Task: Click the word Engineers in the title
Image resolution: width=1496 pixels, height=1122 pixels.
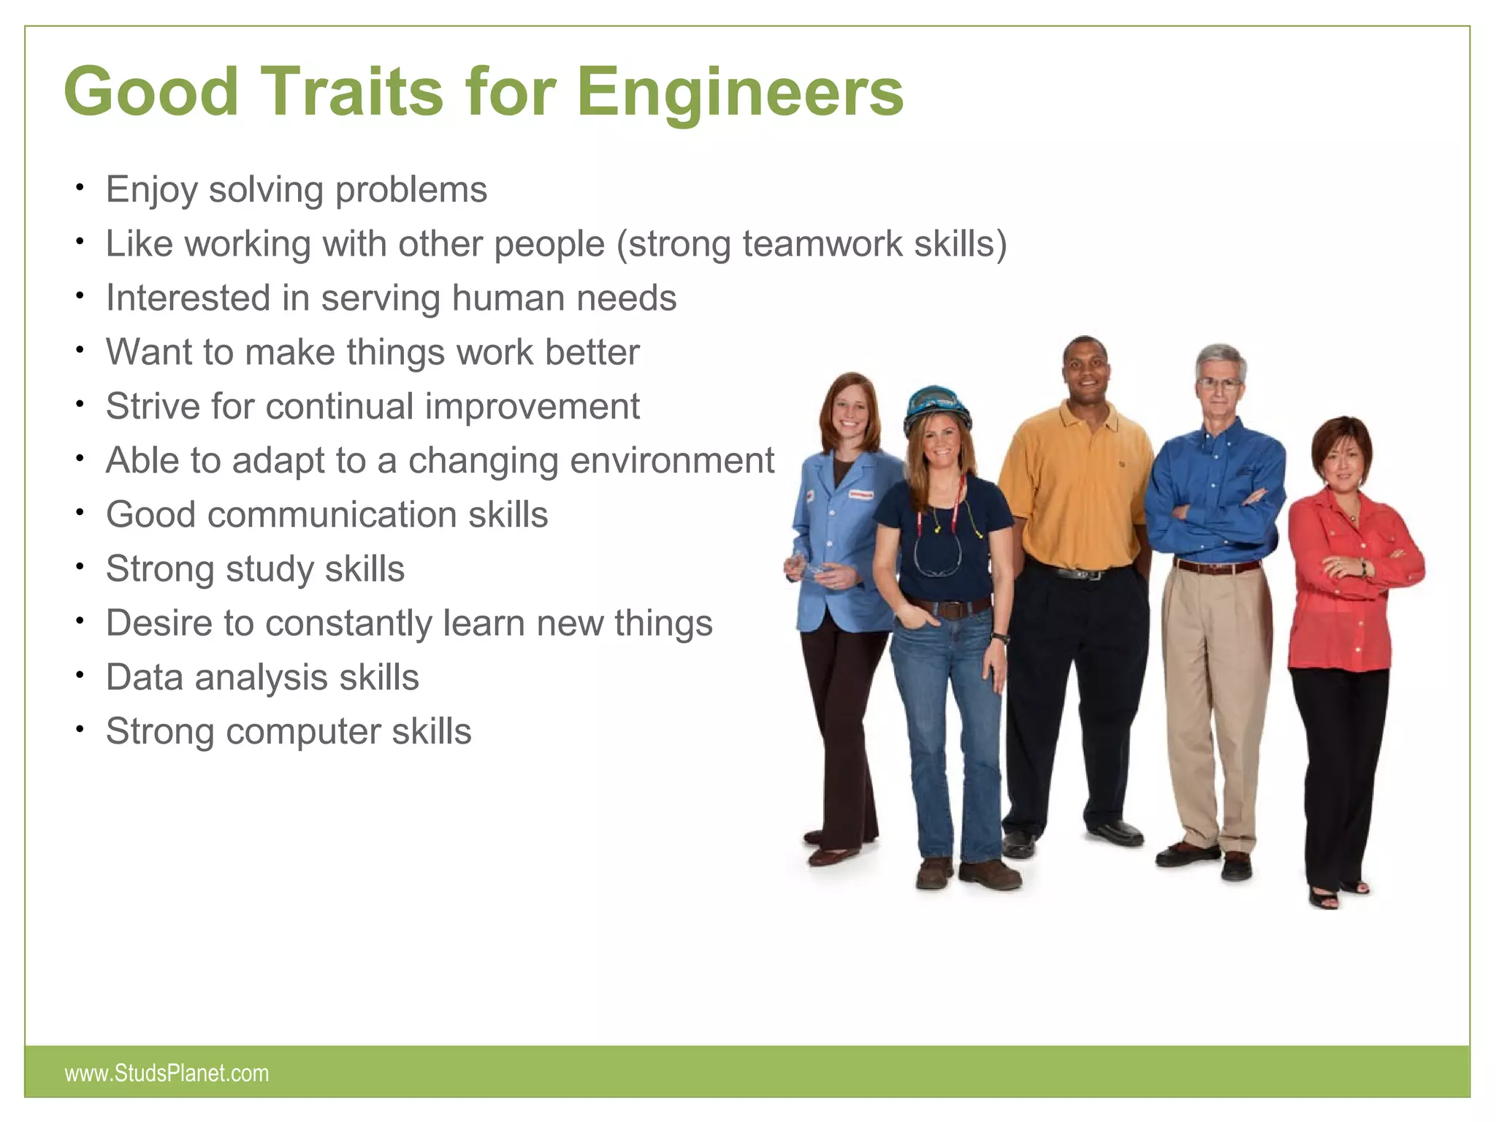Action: [740, 92]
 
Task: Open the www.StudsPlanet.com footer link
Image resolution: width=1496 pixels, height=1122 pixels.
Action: [167, 1073]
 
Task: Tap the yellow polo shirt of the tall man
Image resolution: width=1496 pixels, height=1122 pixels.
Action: [1075, 489]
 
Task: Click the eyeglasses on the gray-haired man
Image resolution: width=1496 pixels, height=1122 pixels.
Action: [1218, 383]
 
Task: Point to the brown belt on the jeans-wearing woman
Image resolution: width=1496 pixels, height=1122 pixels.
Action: [950, 608]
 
